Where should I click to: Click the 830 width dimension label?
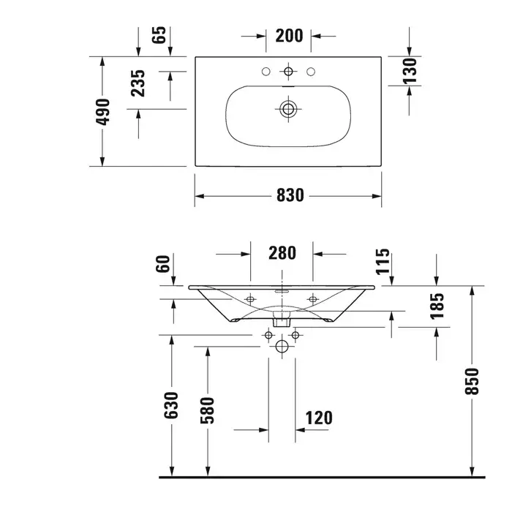(x=290, y=195)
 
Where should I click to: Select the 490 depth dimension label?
(x=102, y=112)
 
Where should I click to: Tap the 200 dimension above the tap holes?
(x=289, y=36)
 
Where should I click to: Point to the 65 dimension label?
(x=159, y=34)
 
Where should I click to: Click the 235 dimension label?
(x=138, y=83)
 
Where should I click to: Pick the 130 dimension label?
(x=410, y=71)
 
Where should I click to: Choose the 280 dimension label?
(x=282, y=253)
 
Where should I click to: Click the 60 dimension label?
(x=163, y=263)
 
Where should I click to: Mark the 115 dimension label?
(x=383, y=262)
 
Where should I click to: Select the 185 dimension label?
(x=437, y=306)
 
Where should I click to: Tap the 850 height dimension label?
(x=472, y=381)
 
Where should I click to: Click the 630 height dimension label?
(x=171, y=405)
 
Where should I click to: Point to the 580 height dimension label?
(x=207, y=410)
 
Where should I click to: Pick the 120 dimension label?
(x=319, y=418)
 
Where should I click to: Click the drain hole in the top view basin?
(x=288, y=109)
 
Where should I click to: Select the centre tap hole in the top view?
(x=288, y=71)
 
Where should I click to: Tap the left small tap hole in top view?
(x=266, y=71)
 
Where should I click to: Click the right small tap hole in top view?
(x=311, y=71)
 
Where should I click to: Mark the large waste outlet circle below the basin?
(x=282, y=347)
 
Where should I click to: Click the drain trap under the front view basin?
(x=282, y=319)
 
